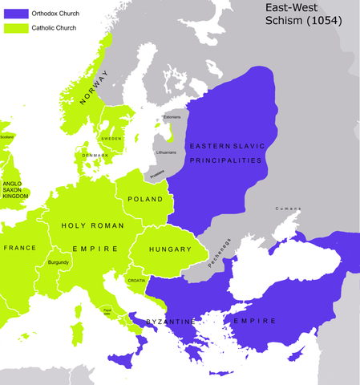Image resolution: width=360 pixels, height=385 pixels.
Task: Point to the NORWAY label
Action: click(x=94, y=87)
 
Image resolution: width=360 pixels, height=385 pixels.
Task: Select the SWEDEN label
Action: click(x=111, y=138)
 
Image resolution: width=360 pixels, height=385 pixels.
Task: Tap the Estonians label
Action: click(x=172, y=118)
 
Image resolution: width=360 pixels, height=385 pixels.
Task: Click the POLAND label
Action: click(x=146, y=199)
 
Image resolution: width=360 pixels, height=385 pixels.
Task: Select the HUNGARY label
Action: click(x=169, y=249)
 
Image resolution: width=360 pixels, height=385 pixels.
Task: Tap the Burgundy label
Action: click(x=59, y=262)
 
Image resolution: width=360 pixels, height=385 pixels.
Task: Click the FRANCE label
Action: click(x=19, y=248)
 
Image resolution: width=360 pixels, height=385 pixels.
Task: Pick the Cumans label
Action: click(x=287, y=211)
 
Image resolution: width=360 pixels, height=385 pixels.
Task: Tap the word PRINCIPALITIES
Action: click(x=224, y=160)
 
